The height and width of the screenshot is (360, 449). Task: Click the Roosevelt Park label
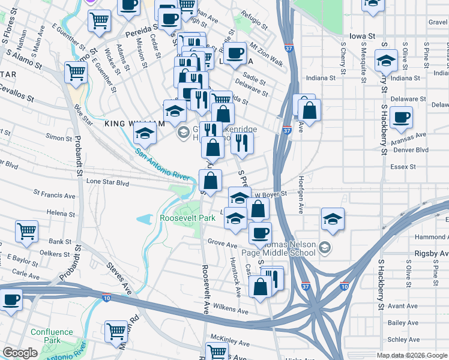[187, 218]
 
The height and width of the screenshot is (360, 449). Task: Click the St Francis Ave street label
[55, 195]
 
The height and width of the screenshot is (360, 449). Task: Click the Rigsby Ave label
[431, 254]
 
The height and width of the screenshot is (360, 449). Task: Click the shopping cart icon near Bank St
[26, 231]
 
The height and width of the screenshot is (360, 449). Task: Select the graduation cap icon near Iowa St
[386, 60]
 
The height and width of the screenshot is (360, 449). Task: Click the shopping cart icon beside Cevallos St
[76, 72]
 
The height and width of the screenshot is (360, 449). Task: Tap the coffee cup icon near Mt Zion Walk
[235, 52]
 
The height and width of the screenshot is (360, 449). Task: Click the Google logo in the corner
[20, 353]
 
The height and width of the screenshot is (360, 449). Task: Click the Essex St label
[403, 167]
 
